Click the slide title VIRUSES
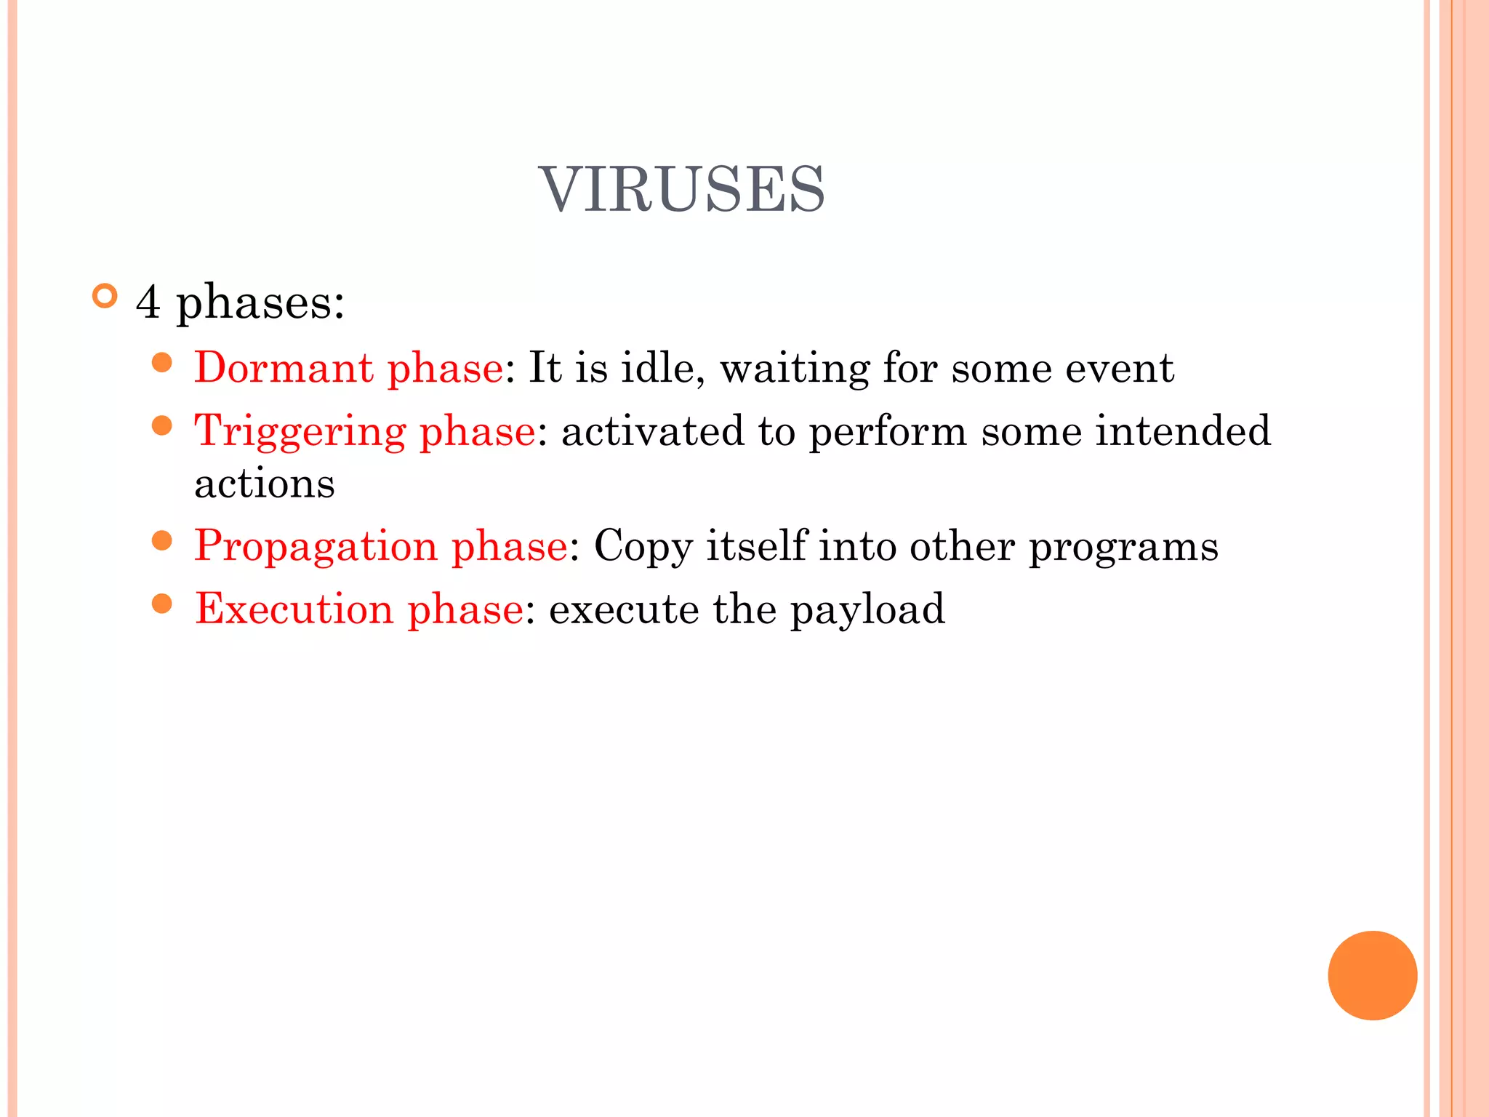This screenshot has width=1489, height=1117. pyautogui.click(x=681, y=190)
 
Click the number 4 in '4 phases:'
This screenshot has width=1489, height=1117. pyautogui.click(x=148, y=302)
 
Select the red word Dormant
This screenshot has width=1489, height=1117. pyautogui.click(x=284, y=367)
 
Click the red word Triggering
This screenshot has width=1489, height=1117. pyautogui.click(x=300, y=432)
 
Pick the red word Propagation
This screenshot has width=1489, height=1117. pyautogui.click(x=316, y=545)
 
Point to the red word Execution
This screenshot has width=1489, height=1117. pyautogui.click(x=294, y=609)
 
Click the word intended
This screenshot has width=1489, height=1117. pyautogui.click(x=1183, y=431)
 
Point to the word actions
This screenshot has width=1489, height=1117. pyautogui.click(x=265, y=484)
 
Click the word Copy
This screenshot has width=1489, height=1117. pyautogui.click(x=643, y=547)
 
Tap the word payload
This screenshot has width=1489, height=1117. pyautogui.click(x=867, y=610)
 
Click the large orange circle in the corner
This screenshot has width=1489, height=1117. pyautogui.click(x=1372, y=975)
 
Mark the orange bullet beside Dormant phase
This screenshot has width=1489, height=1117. pyautogui.click(x=162, y=362)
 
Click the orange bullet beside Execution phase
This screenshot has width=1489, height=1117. pyautogui.click(x=162, y=603)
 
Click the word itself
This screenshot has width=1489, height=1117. pyautogui.click(x=756, y=545)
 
